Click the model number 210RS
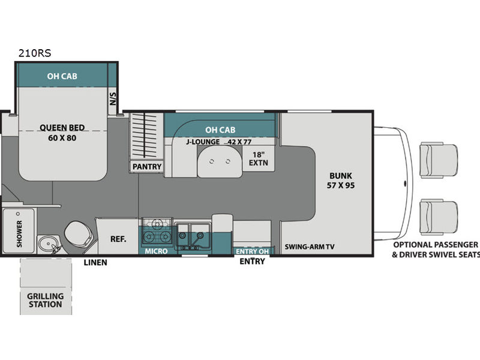click(35, 53)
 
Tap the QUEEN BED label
click(62, 128)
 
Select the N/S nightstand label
click(113, 98)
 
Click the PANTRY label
click(147, 167)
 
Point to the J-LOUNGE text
click(203, 142)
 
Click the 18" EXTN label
click(259, 159)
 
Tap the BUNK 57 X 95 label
click(341, 181)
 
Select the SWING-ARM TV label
click(310, 247)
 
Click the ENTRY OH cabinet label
click(252, 251)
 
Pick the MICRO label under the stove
click(156, 251)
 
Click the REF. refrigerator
click(118, 236)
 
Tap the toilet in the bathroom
click(79, 234)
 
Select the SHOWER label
click(20, 234)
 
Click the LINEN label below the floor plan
click(95, 263)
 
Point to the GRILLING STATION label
click(46, 301)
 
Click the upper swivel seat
click(439, 160)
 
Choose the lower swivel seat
click(439, 217)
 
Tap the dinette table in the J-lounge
click(220, 161)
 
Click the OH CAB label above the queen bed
click(62, 76)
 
